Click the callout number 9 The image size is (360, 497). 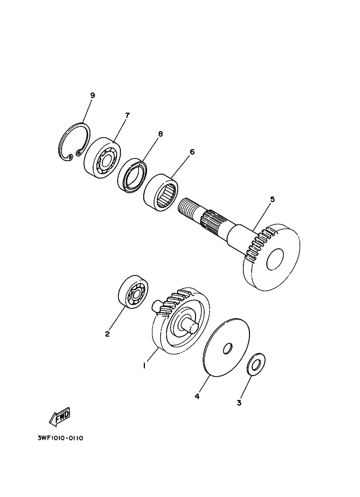[x=93, y=95]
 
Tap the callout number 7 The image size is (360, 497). [x=127, y=115]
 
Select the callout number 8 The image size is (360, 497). [x=161, y=134]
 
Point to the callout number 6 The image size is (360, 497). [x=192, y=152]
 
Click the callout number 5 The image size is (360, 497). [x=272, y=199]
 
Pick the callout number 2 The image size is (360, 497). [x=107, y=334]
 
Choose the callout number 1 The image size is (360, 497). [x=144, y=366]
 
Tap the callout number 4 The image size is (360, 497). [x=197, y=396]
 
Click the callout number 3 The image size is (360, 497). [x=239, y=403]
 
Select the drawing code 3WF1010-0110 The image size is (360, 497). [x=60, y=438]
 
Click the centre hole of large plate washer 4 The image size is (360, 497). [x=228, y=348]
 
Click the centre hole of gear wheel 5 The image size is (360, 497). [x=274, y=260]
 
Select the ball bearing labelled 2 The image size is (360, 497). [x=133, y=292]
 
